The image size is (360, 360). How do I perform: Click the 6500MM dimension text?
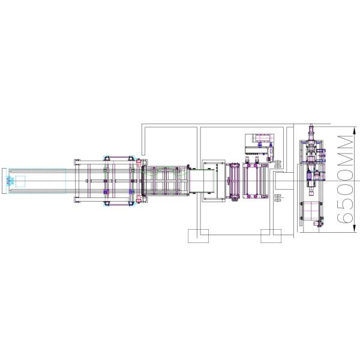pyautogui.click(x=344, y=179)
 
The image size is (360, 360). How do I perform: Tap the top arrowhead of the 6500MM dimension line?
pyautogui.click(x=332, y=127)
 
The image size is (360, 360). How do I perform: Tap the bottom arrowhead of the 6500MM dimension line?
pyautogui.click(x=332, y=230)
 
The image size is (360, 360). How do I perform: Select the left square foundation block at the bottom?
pyautogui.click(x=197, y=236)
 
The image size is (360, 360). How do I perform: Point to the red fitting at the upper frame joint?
pyautogui.click(x=139, y=162)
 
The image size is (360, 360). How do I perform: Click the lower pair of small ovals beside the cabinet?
pyautogui.click(x=277, y=196)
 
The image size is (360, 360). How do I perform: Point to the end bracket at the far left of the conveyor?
pyautogui.click(x=7, y=181)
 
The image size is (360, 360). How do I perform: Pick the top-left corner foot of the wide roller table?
pyautogui.click(x=76, y=161)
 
